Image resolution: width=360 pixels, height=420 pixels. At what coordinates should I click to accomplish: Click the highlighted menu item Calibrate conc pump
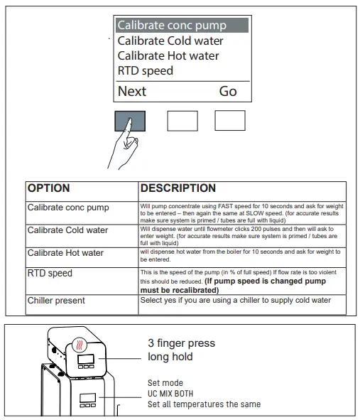coord(172,26)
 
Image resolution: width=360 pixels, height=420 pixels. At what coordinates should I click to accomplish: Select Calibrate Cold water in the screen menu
coord(170,41)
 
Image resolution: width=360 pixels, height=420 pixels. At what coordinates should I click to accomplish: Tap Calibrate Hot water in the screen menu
coord(168,55)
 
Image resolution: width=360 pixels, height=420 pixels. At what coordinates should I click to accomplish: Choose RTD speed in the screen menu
coord(146,71)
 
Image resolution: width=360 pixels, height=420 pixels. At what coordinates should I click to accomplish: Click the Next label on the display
coord(132,91)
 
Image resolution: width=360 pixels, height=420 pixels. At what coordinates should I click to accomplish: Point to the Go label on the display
coord(228,91)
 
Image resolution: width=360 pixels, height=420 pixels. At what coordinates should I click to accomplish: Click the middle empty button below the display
coord(182,121)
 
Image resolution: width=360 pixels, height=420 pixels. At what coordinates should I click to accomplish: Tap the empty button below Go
coord(230,121)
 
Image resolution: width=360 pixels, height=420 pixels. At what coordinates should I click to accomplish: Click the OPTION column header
coord(49,188)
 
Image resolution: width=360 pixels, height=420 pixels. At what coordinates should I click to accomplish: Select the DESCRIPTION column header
coord(178,188)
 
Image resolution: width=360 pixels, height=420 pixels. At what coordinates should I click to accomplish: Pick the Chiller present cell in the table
coord(56,301)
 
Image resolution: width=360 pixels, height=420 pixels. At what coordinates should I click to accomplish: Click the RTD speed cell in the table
coord(50,273)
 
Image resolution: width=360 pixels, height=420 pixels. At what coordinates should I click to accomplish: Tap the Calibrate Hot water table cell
coord(65,253)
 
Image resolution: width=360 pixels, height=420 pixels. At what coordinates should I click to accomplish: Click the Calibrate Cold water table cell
coord(67,230)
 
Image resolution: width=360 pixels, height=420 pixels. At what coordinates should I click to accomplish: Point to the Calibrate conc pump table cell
coord(68,208)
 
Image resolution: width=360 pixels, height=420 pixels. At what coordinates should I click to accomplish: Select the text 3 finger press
coord(181,343)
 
